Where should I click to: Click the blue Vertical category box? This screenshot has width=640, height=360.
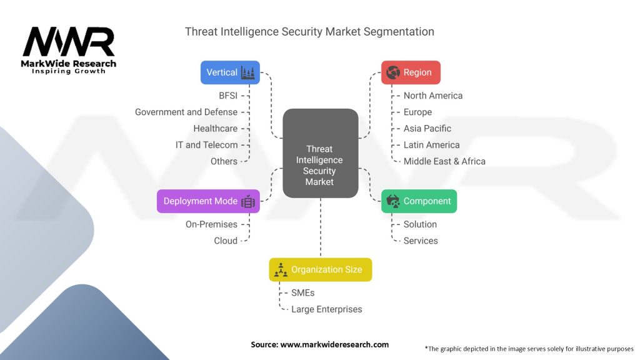230,72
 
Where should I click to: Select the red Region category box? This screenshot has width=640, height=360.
411,72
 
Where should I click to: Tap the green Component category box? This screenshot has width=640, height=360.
419,201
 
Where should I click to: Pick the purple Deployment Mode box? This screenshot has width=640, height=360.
208,201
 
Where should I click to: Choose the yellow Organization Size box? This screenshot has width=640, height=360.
320,269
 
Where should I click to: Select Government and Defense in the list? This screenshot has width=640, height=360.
186,112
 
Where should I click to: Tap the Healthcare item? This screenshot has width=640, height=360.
215,128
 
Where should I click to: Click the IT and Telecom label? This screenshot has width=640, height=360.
206,144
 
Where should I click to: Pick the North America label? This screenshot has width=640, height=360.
433,96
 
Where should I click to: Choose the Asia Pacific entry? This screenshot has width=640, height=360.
427,128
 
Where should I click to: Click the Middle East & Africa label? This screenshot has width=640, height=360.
444,161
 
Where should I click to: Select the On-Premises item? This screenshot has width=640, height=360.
211,224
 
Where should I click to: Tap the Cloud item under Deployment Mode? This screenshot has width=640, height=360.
226,241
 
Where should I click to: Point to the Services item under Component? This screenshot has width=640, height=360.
421,241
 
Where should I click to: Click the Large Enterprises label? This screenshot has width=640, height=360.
326,309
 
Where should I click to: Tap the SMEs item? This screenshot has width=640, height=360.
303,292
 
